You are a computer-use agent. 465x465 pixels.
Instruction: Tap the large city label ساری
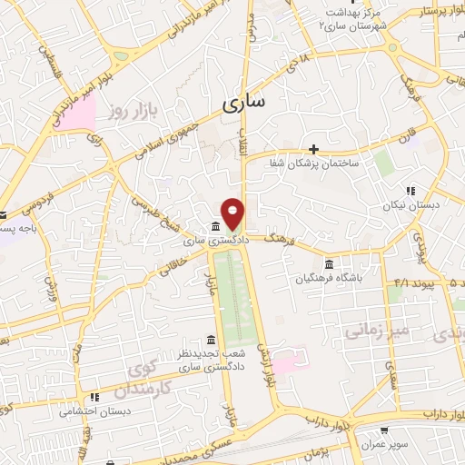pos(243,103)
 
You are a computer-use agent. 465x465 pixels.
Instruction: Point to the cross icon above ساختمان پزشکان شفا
pos(314,149)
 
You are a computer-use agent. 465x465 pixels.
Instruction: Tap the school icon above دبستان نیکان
pos(411,192)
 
